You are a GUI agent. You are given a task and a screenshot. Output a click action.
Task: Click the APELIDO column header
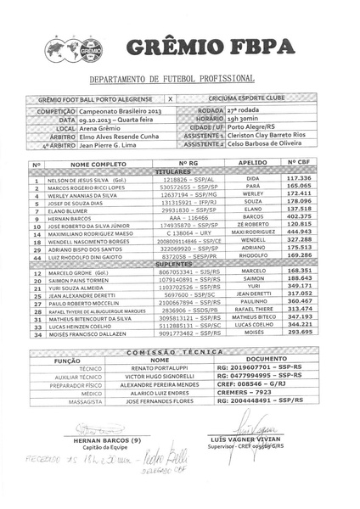[x=252, y=162]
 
